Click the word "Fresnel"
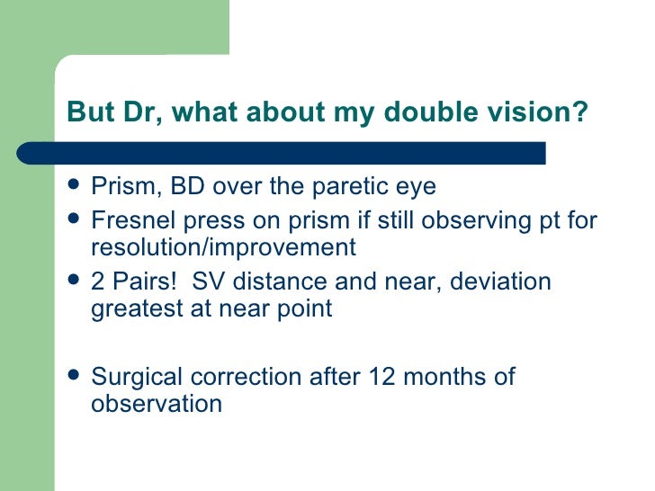pos(133,219)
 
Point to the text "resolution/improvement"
pos(223,246)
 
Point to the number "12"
pos(383,377)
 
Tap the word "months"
pos(444,377)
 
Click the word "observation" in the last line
pos(157,404)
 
